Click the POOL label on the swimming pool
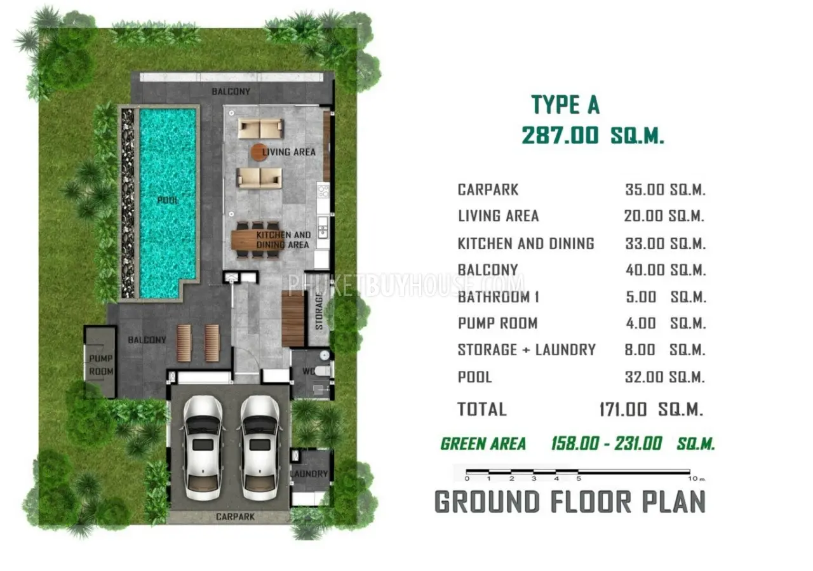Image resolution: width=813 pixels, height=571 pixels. click(168, 200)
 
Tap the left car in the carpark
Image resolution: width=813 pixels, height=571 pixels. click(203, 448)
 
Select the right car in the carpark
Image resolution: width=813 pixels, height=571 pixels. click(260, 448)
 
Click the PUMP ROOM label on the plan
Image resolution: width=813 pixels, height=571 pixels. click(101, 365)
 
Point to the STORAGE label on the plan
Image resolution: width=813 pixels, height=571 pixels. click(319, 311)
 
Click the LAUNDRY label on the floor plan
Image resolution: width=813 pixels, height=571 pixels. click(309, 474)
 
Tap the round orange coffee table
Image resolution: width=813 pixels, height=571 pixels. click(259, 152)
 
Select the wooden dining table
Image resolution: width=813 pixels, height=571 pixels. click(259, 240)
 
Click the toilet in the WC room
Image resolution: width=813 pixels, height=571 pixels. click(322, 371)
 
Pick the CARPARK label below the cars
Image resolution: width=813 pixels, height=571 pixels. click(235, 516)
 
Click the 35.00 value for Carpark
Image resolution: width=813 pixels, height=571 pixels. click(645, 189)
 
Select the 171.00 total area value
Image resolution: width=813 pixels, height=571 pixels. click(623, 410)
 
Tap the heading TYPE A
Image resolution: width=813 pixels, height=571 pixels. click(565, 105)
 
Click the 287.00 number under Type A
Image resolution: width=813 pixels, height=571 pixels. click(560, 135)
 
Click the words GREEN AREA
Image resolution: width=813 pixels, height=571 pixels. click(483, 444)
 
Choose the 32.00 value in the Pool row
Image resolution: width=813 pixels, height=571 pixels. click(644, 377)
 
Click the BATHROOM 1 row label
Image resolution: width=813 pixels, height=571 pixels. click(499, 297)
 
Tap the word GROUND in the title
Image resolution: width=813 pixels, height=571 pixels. click(487, 502)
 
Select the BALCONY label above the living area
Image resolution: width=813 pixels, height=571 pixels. click(231, 91)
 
